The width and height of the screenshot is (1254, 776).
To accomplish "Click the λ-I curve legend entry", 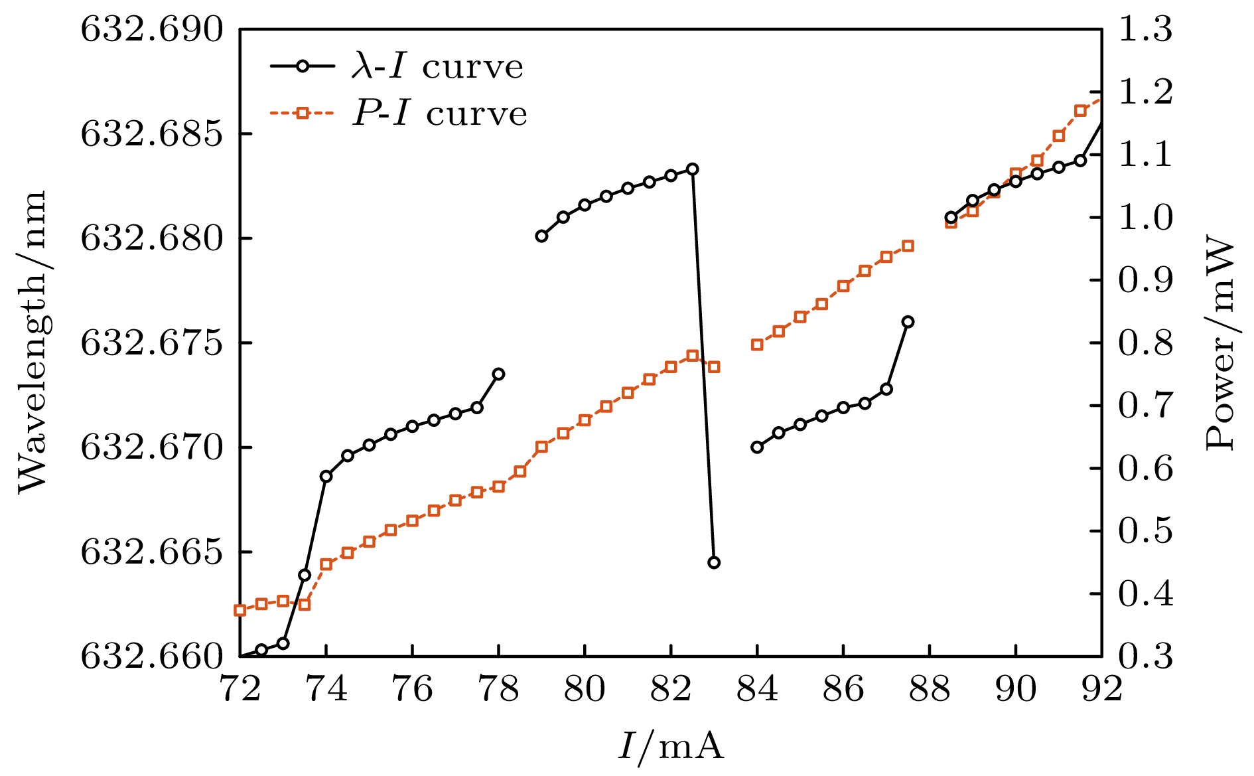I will point(397,66).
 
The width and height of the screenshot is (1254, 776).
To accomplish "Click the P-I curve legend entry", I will point(399,114).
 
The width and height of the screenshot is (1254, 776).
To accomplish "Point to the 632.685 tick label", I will point(152,134).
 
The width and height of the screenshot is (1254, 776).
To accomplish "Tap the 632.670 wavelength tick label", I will point(152,448).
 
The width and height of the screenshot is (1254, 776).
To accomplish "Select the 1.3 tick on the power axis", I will point(1145,30).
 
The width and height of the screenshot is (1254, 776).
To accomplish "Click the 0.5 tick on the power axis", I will point(1145,531).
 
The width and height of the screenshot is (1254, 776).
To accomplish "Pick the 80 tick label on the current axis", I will point(585,690).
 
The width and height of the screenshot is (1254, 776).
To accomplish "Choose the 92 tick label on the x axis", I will point(1101,690).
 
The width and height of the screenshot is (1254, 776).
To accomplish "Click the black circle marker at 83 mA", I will point(714,562).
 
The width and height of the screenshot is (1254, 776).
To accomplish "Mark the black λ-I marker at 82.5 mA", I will point(693,169).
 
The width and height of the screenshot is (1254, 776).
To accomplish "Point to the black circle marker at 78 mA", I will point(498,374).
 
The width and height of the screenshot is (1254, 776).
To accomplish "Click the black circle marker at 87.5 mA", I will point(908,322).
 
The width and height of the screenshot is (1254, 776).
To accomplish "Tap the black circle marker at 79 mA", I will point(541,236).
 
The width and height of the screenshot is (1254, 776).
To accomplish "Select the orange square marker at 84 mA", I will point(757,345).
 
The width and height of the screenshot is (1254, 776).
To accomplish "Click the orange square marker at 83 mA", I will point(714,366).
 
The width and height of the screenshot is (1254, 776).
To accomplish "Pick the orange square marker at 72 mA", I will point(240,610).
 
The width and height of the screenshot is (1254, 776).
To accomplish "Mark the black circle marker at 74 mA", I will point(326,476).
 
